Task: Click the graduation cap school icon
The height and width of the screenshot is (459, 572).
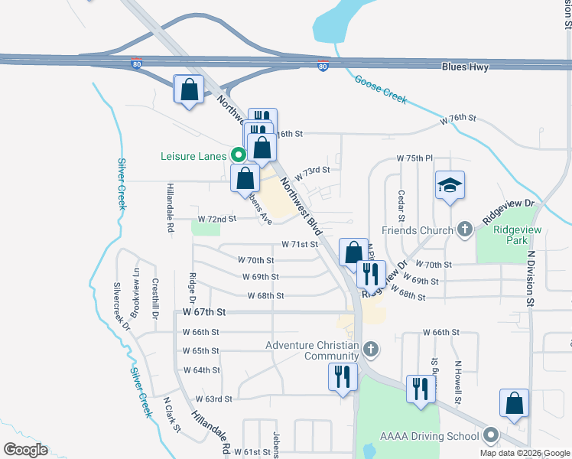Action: (450, 185)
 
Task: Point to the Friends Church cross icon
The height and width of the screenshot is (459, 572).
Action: (464, 229)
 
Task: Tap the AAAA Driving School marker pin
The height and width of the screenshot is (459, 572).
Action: (489, 437)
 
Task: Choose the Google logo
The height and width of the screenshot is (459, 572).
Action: (25, 450)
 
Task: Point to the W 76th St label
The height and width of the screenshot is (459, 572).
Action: (458, 119)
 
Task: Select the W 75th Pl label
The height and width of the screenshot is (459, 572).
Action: (414, 158)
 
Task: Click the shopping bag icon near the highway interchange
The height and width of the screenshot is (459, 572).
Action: (189, 90)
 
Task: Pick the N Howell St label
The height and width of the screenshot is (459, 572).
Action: (457, 382)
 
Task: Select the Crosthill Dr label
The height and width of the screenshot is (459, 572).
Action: (155, 298)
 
